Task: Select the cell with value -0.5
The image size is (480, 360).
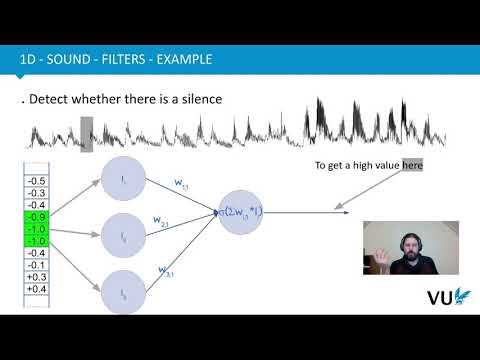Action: (x=37, y=180)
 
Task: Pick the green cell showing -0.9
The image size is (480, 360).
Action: (x=37, y=216)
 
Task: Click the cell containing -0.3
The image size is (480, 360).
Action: (x=37, y=192)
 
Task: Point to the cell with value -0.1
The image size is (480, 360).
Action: (x=37, y=265)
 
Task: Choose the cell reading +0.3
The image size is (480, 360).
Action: (x=37, y=277)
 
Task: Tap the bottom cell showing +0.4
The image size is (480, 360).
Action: (x=37, y=289)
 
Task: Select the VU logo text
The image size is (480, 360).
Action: (x=441, y=298)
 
